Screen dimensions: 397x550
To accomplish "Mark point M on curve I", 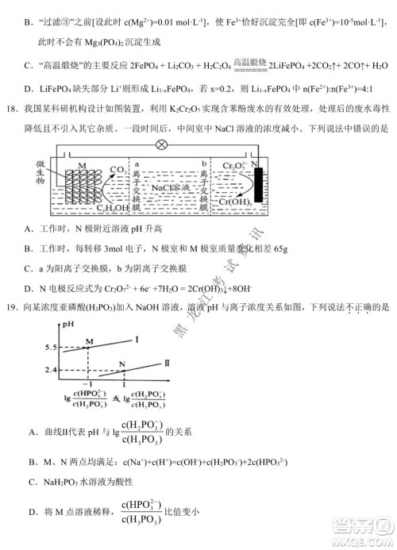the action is [x=89, y=340].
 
